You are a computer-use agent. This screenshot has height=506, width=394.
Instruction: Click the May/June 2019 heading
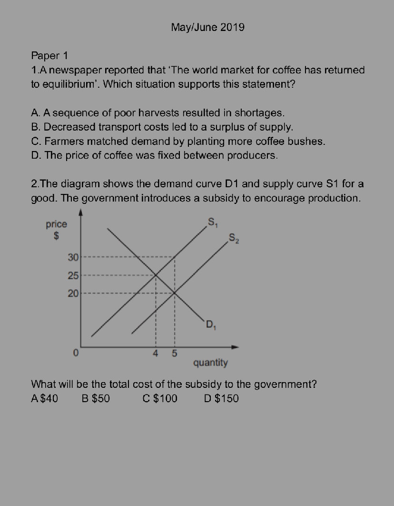pyautogui.click(x=207, y=27)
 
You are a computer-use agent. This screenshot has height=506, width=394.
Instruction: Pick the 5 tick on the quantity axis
pyautogui.click(x=174, y=354)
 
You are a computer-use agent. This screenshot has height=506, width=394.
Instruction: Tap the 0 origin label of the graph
pyautogui.click(x=75, y=354)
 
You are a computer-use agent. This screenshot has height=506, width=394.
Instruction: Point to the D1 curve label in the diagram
pyautogui.click(x=211, y=326)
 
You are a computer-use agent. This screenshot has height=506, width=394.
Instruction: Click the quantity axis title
pyautogui.click(x=210, y=363)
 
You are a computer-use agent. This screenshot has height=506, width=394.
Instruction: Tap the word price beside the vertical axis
pyautogui.click(x=56, y=224)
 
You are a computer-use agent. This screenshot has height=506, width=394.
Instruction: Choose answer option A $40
pyautogui.click(x=44, y=398)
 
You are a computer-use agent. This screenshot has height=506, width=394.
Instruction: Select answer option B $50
pyautogui.click(x=96, y=398)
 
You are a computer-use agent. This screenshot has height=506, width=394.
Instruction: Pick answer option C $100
pyautogui.click(x=160, y=398)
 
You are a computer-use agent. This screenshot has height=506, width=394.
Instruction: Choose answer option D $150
pyautogui.click(x=221, y=398)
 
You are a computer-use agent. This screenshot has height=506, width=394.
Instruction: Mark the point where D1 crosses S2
pyautogui.click(x=174, y=293)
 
